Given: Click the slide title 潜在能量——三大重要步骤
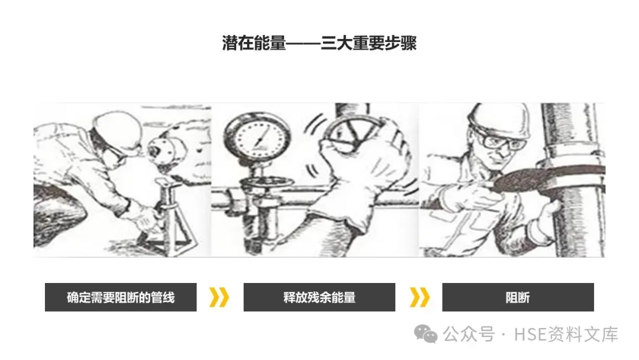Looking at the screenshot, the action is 319,43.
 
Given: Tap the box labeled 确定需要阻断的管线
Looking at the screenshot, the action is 121,297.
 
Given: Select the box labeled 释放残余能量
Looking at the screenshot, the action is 319,297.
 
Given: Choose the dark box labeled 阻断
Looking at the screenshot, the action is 518,297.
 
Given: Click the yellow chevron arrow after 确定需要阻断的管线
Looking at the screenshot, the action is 219,297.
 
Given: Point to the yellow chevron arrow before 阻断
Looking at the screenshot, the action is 419,297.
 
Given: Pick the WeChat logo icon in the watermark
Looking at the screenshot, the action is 425,335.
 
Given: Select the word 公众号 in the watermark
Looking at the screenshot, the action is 469,335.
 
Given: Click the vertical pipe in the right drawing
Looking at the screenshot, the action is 573,179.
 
